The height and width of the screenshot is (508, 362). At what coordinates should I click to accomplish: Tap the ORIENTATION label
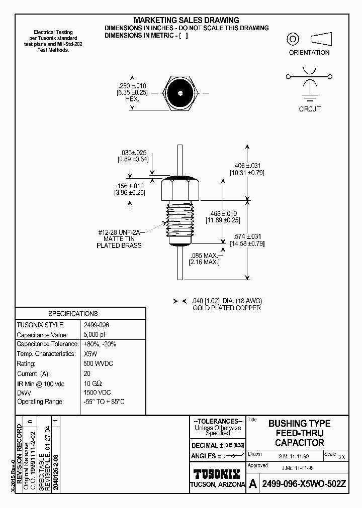[309, 53]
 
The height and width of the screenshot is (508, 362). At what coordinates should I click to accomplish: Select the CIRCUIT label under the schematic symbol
[309, 109]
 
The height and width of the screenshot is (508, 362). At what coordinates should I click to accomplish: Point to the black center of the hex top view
[179, 93]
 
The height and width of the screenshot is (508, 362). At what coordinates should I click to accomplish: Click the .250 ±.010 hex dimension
[132, 86]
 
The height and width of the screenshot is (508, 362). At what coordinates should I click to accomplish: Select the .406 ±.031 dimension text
[247, 166]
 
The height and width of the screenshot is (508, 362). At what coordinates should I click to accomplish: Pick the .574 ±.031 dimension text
[247, 236]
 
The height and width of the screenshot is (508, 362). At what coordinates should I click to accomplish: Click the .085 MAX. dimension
[204, 256]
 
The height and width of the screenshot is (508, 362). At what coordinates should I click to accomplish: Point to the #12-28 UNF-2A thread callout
[119, 232]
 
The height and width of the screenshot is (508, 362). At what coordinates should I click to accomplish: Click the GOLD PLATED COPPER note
[227, 308]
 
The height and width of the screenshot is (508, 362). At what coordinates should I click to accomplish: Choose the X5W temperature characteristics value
[90, 354]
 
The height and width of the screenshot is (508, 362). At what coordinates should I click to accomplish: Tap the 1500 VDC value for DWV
[97, 393]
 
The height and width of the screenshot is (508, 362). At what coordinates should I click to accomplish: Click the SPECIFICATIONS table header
[73, 314]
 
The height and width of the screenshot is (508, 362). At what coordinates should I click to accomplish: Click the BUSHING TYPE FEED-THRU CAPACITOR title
[299, 433]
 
